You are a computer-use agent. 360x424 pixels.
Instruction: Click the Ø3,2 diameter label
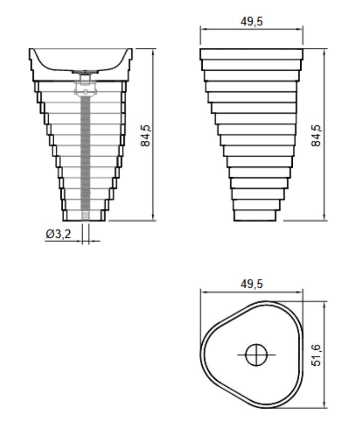coord(58,234)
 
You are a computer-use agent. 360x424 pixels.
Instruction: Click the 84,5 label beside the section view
coord(146,135)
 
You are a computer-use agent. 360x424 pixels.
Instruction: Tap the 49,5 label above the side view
coord(251,21)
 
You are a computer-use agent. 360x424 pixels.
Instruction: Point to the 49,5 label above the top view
coord(251,284)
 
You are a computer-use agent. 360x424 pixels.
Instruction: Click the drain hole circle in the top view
coord(256,355)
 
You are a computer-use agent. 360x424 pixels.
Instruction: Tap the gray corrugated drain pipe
coord(85,154)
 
